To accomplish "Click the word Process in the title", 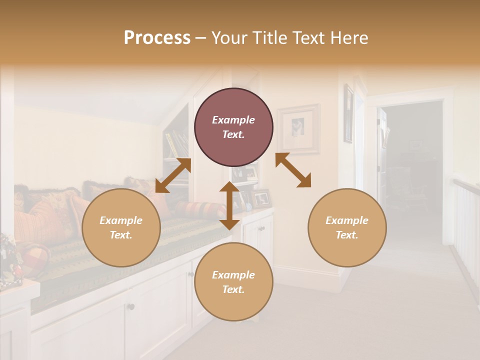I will [x=157, y=38].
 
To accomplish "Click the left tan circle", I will [x=121, y=227].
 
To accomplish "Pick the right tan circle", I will [x=347, y=227].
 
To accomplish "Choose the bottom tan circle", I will [x=233, y=282].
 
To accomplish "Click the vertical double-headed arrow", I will [x=229, y=205].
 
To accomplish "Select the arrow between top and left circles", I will [x=173, y=175].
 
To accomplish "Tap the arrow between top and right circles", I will [x=293, y=170].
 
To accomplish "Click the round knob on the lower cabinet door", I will [x=130, y=306].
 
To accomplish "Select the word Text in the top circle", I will [x=233, y=134].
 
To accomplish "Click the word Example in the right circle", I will [x=347, y=220].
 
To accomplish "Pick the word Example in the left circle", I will [x=121, y=220].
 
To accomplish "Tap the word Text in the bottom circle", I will [x=233, y=289].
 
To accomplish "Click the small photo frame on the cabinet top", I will [x=261, y=198].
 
